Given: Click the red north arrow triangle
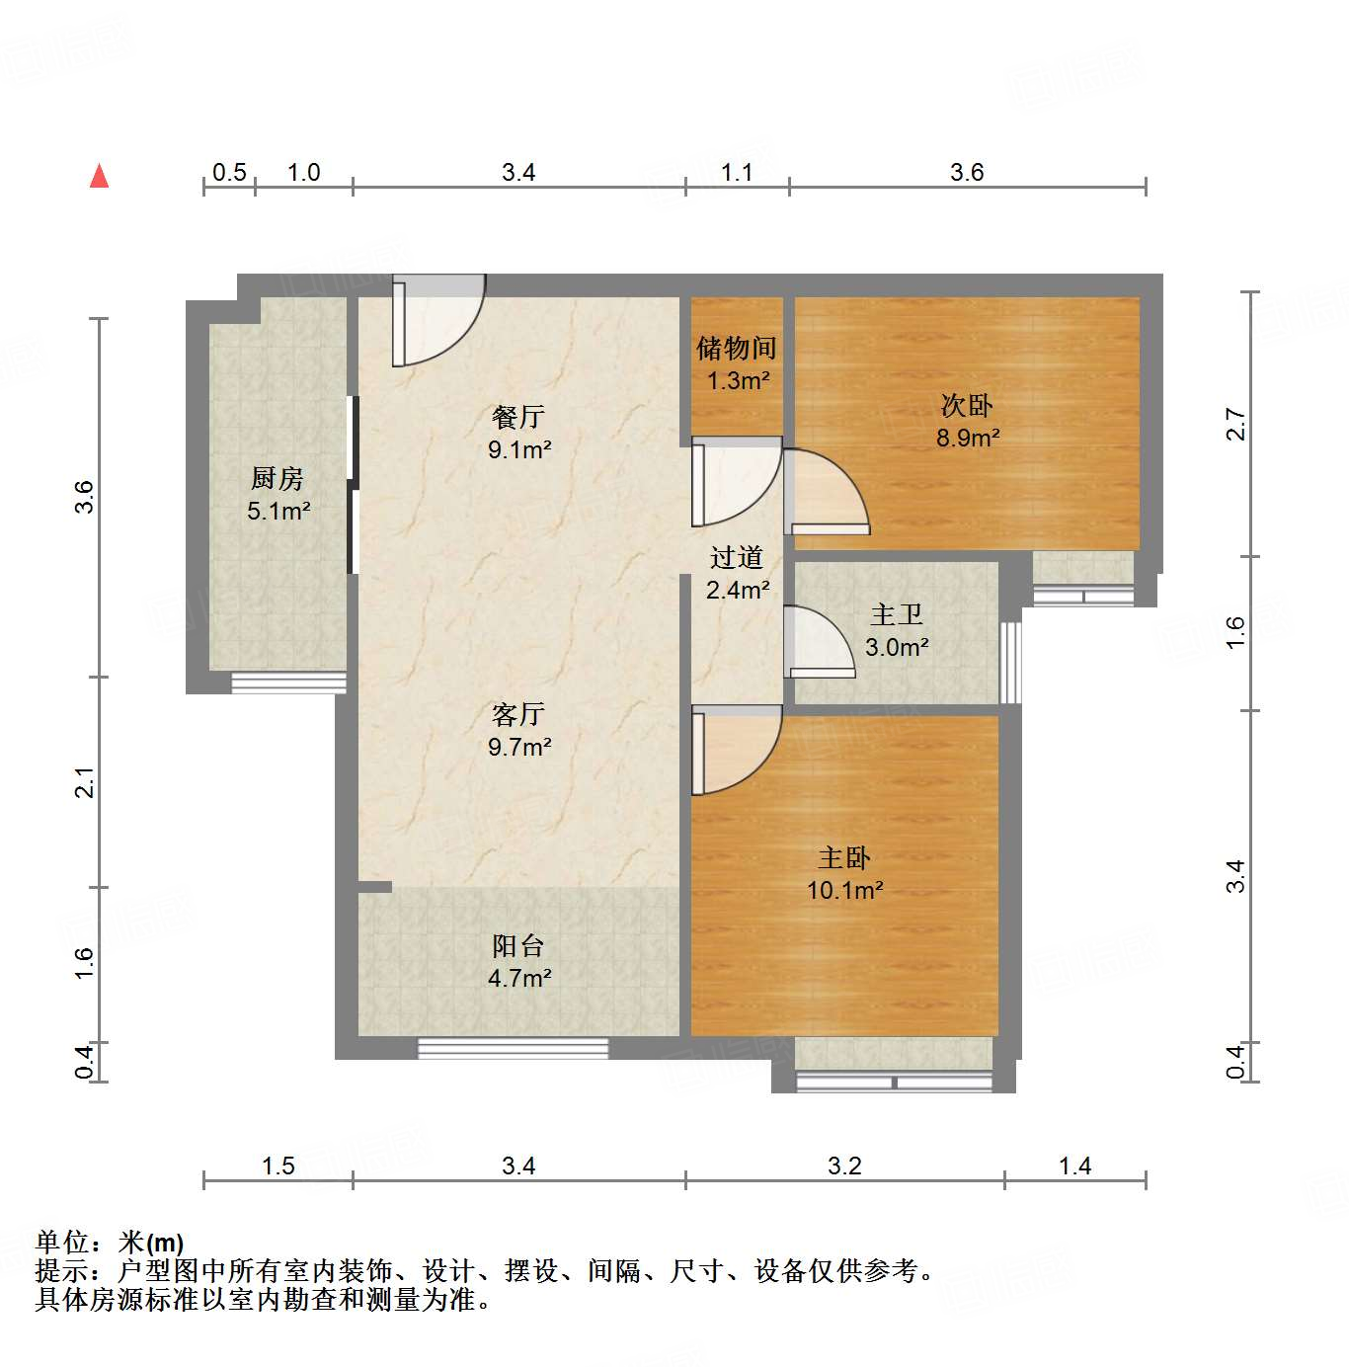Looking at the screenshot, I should [99, 176].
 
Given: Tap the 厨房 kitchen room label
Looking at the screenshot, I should [278, 479].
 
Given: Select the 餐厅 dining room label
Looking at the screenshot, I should [518, 418].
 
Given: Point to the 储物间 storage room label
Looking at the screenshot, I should [737, 348].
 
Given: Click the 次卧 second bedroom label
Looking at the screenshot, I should [967, 405].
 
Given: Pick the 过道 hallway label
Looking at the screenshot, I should [737, 558].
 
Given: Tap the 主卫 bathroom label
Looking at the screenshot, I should [897, 615].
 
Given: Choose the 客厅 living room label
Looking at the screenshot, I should [518, 714].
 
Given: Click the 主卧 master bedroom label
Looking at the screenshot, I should [844, 857].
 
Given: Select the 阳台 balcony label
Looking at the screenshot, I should [518, 946].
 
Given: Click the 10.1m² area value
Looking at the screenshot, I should [844, 890].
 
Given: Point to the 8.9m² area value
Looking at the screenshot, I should [968, 438].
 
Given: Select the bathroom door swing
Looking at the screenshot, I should [818, 642].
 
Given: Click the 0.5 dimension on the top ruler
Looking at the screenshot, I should [229, 173].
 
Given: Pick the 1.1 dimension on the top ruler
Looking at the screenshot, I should [737, 173].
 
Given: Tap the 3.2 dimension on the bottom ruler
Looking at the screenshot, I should [844, 1166].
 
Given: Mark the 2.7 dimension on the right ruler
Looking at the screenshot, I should [1235, 425].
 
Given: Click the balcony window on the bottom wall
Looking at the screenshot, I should [513, 1048].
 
